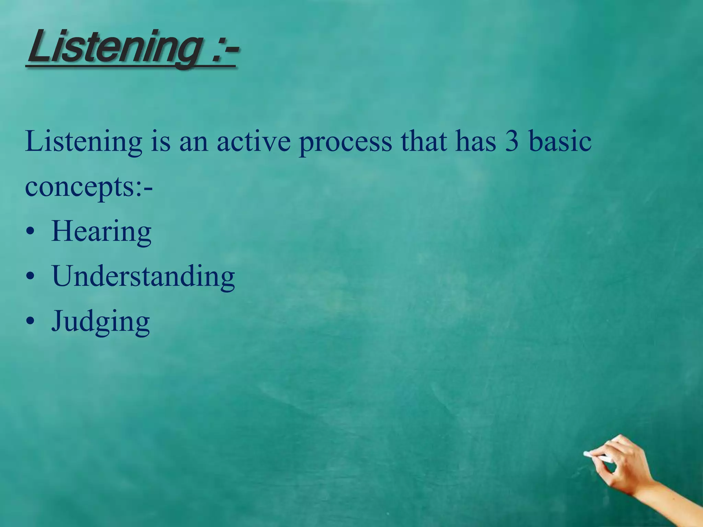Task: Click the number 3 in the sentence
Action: [511, 141]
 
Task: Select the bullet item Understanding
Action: [143, 277]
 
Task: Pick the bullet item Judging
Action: [101, 322]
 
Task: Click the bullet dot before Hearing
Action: [30, 232]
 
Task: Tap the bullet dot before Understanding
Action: [30, 276]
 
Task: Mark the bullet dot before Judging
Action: [30, 321]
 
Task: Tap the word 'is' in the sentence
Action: [161, 141]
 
